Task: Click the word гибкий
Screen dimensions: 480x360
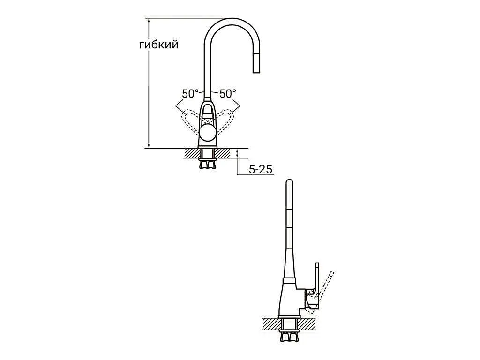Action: tap(158, 45)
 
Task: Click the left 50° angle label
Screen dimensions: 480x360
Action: tap(190, 94)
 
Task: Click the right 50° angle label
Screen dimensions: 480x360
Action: tap(228, 94)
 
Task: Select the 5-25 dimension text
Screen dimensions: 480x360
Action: tap(261, 169)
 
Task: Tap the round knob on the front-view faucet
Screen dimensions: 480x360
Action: tap(208, 133)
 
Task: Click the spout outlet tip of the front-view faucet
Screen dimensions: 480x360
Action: tap(256, 72)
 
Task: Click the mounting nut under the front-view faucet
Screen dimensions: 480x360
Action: tap(208, 165)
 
